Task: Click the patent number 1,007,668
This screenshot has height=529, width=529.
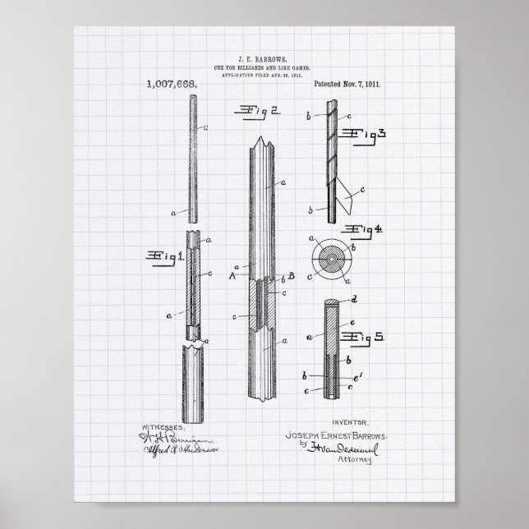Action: click(171, 84)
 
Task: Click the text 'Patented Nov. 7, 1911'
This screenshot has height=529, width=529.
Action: click(347, 84)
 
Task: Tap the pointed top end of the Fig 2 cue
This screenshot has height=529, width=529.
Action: click(264, 145)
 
